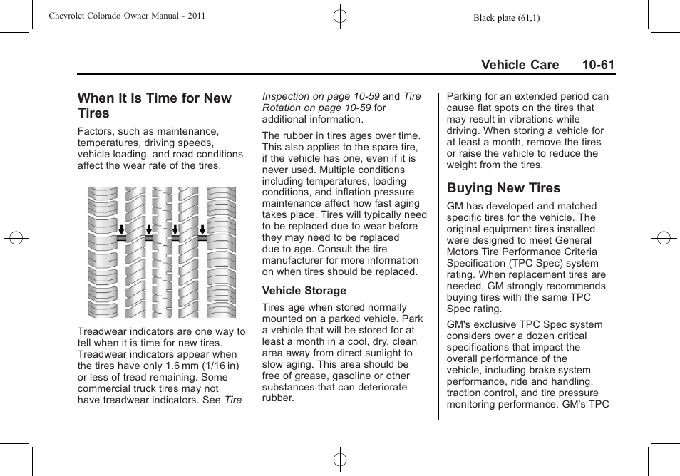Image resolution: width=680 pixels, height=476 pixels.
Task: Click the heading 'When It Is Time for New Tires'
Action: click(x=154, y=105)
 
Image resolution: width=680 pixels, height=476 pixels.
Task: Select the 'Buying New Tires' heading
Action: click(x=503, y=188)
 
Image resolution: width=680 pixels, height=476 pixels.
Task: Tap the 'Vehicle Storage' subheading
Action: click(x=304, y=291)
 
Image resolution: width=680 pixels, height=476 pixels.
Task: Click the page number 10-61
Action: click(x=597, y=65)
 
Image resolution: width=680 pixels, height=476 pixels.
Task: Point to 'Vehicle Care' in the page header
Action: click(x=520, y=65)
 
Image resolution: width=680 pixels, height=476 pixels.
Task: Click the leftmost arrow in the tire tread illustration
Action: click(x=122, y=229)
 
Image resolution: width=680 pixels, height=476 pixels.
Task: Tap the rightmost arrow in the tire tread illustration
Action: click(x=202, y=229)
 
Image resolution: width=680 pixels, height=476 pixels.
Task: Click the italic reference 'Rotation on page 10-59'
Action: click(x=316, y=108)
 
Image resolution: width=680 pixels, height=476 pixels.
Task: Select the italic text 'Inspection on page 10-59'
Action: click(x=321, y=96)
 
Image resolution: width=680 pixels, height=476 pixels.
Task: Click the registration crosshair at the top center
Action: click(x=340, y=16)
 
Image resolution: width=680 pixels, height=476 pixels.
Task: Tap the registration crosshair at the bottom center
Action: click(x=340, y=460)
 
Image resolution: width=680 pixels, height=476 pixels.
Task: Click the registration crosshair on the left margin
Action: click(x=16, y=238)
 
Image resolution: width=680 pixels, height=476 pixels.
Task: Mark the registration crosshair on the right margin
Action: click(x=664, y=238)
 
